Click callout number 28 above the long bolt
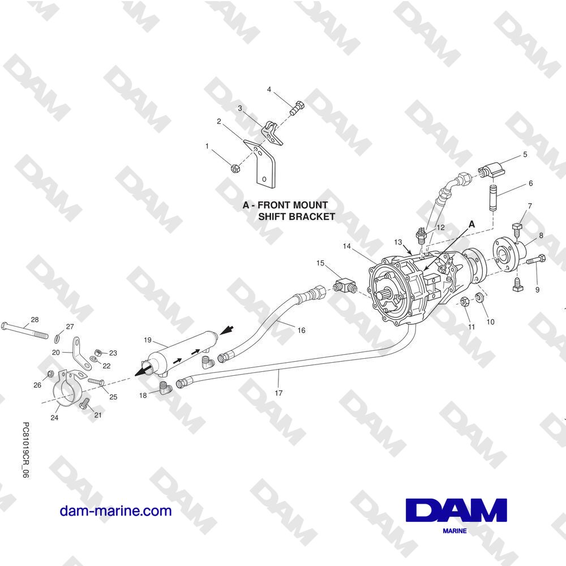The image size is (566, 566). click(35, 319)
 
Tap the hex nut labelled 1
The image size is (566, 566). click(234, 168)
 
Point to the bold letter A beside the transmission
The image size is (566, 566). click(471, 225)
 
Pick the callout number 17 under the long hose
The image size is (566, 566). click(278, 393)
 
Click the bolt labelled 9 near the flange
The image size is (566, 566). click(535, 259)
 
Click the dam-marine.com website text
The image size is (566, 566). click(115, 511)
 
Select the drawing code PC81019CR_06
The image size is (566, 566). click(25, 450)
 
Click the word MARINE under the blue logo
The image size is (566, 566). click(454, 531)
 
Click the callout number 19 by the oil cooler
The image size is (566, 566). click(147, 340)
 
